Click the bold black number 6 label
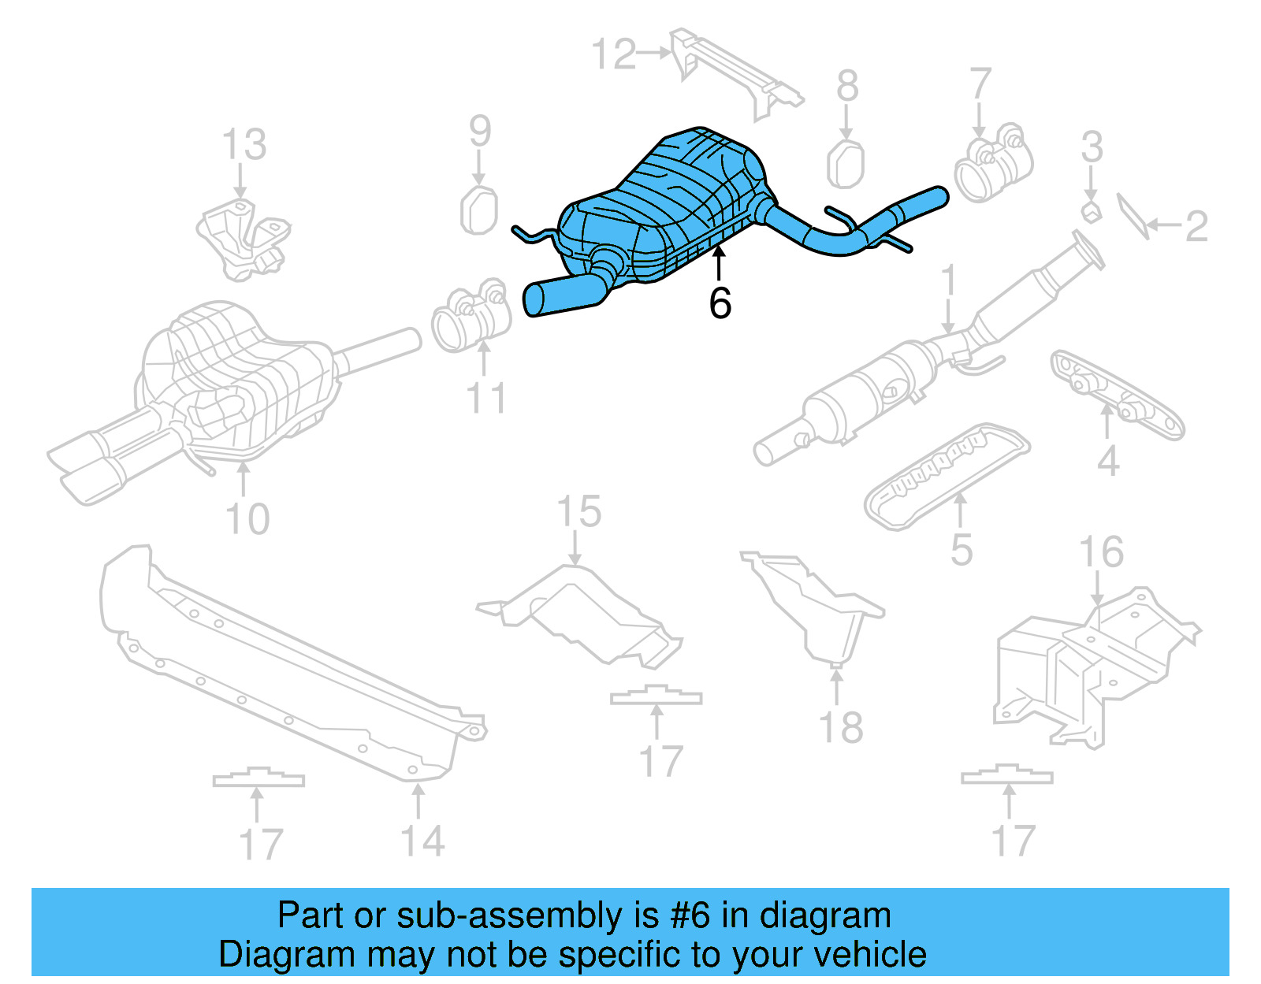[x=720, y=303]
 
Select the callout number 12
[x=613, y=54]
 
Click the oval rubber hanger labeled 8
[x=846, y=164]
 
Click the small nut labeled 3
[x=1091, y=211]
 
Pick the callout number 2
[x=1196, y=227]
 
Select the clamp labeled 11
[x=470, y=320]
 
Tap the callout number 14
[x=423, y=841]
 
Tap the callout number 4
[x=1108, y=460]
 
